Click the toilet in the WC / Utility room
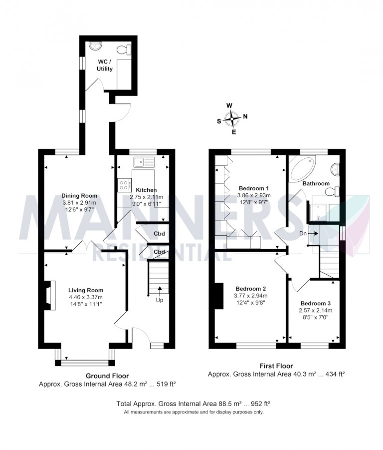(123, 49)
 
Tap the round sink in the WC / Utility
(95, 44)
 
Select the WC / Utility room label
(105, 65)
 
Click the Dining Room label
(79, 196)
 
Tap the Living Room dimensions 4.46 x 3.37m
(86, 297)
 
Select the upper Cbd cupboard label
(159, 234)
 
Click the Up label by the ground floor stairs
(160, 300)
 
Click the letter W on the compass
(229, 105)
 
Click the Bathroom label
(316, 183)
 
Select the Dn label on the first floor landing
(303, 233)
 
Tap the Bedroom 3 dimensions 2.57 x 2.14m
(316, 310)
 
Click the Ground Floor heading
(107, 376)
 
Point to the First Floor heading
(277, 366)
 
